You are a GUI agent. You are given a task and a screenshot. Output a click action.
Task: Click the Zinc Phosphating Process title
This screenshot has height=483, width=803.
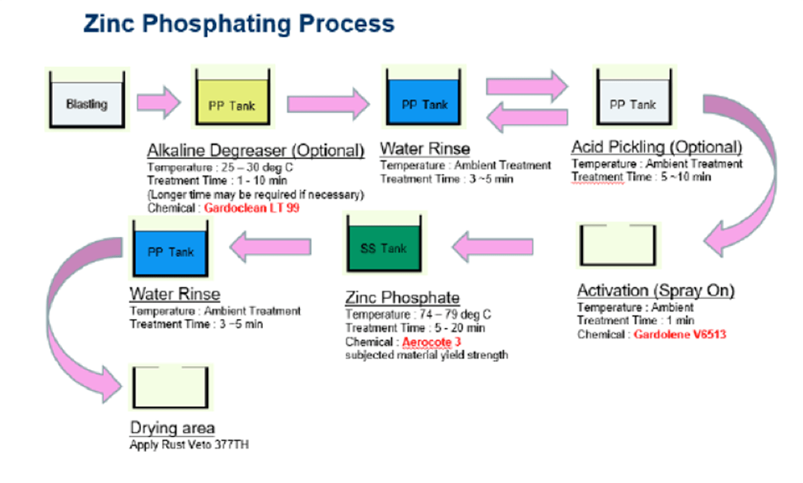click(x=239, y=23)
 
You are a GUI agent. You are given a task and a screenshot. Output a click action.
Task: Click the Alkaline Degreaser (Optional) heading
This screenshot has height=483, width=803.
click(x=256, y=149)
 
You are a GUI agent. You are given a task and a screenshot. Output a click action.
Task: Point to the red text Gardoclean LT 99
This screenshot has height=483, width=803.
click(x=252, y=208)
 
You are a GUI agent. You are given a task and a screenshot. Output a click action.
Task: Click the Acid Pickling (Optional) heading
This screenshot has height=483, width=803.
click(x=656, y=147)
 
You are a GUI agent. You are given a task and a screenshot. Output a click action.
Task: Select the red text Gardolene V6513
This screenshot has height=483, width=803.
click(x=680, y=334)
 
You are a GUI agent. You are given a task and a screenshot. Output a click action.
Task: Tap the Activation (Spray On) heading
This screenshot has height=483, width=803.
click(x=656, y=291)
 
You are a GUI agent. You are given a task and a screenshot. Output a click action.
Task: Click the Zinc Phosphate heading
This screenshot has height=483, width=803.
click(x=402, y=298)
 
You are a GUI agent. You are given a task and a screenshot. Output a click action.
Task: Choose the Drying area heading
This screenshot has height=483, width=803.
click(x=173, y=428)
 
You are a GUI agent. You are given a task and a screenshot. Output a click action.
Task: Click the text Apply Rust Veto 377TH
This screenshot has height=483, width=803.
click(x=189, y=444)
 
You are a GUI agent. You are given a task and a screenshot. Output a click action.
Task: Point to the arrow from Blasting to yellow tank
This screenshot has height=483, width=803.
click(x=159, y=103)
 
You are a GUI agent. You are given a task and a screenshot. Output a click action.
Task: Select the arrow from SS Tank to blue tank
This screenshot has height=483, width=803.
click(x=276, y=248)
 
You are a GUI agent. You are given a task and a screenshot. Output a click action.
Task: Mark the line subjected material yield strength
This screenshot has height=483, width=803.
click(x=426, y=355)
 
